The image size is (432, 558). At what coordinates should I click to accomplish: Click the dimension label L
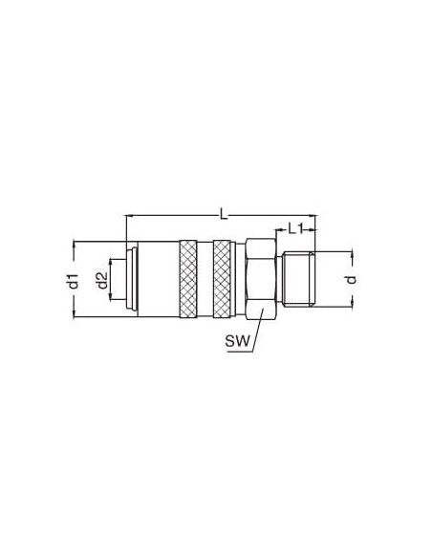point(224,214)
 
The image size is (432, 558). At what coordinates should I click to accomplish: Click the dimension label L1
point(295,228)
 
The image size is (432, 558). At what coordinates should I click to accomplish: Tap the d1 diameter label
point(73,281)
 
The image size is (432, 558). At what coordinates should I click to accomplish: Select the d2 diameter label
point(102,280)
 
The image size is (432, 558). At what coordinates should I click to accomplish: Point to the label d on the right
point(351,279)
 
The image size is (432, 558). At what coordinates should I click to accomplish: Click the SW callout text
point(237,342)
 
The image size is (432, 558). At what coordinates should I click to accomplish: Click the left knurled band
point(188,279)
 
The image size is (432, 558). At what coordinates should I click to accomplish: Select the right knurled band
point(222,279)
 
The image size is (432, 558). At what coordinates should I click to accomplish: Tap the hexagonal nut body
point(261,280)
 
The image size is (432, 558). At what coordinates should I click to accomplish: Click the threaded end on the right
point(298,279)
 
